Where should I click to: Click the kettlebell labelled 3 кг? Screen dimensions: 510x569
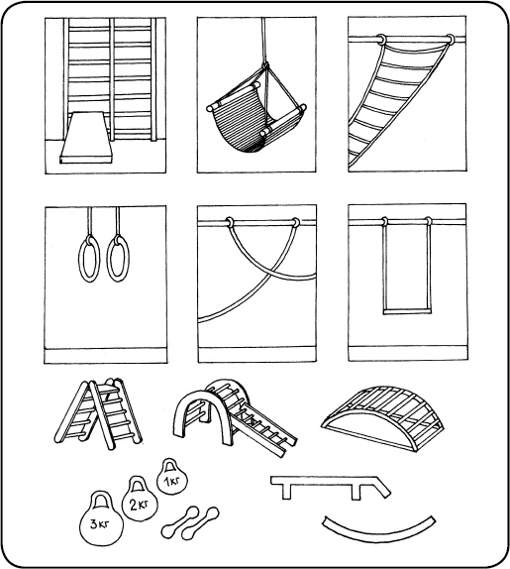point(101,523)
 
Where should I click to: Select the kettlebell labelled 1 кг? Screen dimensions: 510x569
point(172,480)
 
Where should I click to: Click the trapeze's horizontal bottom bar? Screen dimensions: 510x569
point(408,311)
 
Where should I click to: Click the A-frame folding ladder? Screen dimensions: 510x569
point(98,413)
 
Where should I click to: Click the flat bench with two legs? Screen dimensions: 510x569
point(330,487)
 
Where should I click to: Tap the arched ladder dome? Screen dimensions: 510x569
point(383,417)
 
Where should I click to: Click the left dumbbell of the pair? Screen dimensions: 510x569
point(180,522)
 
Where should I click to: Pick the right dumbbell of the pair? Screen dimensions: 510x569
point(200,523)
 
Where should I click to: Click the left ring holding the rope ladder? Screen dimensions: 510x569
point(381,40)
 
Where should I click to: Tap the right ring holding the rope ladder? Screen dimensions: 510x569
point(450,40)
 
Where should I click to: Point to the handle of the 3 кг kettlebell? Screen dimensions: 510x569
point(101,500)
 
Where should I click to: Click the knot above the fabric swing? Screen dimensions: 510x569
point(265,66)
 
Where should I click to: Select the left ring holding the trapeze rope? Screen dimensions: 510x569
point(384,221)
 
